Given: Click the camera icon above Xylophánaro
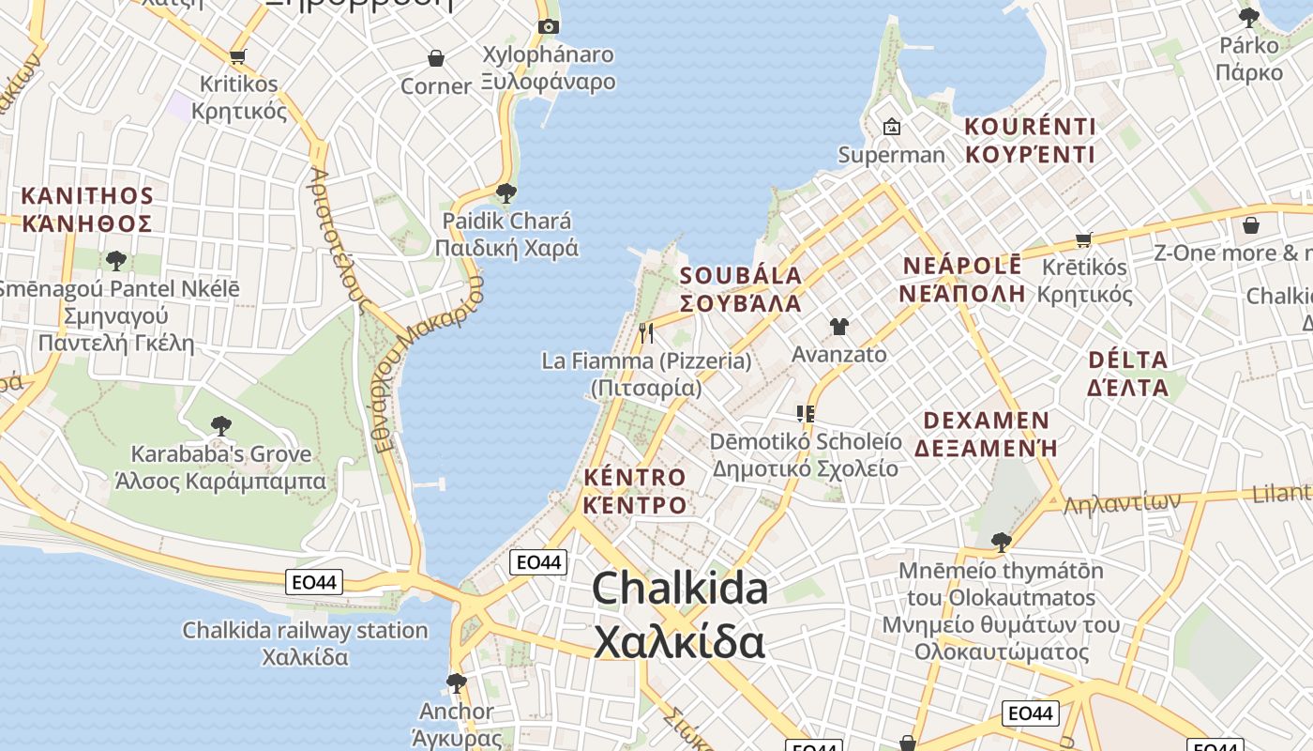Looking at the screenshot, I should pyautogui.click(x=549, y=26).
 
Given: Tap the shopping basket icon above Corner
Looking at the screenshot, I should pyautogui.click(x=436, y=58).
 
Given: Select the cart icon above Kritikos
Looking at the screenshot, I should pyautogui.click(x=238, y=56).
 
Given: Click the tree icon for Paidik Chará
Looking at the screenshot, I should pyautogui.click(x=506, y=193).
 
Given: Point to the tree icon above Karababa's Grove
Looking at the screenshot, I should pyautogui.click(x=221, y=426).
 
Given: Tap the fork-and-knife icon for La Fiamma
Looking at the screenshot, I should pyautogui.click(x=646, y=332).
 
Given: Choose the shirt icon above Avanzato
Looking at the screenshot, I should pyautogui.click(x=838, y=327).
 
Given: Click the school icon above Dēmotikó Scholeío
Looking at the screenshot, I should pyautogui.click(x=805, y=413).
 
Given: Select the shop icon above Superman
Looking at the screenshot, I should pyautogui.click(x=891, y=126).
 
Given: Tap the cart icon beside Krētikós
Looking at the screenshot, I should pyautogui.click(x=1084, y=239).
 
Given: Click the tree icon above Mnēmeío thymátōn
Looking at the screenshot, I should pyautogui.click(x=1002, y=542).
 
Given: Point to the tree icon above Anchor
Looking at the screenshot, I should pyautogui.click(x=457, y=682).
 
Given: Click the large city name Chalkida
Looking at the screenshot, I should pyautogui.click(x=680, y=615).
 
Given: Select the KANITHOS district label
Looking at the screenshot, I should pyautogui.click(x=87, y=209).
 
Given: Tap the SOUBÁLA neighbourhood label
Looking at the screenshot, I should pyautogui.click(x=741, y=289).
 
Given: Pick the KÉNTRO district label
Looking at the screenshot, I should pyautogui.click(x=635, y=491).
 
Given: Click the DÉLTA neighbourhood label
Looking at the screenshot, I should pyautogui.click(x=1127, y=374).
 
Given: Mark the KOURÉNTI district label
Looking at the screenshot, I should pyautogui.click(x=1030, y=140).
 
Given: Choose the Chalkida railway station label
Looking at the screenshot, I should pyautogui.click(x=305, y=643).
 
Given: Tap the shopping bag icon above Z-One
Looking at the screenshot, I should pyautogui.click(x=1251, y=225).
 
